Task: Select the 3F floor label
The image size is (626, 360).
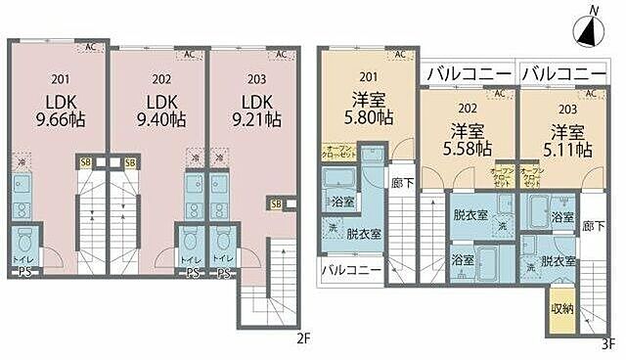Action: tap(607, 342)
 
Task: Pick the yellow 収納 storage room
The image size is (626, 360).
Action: tap(560, 307)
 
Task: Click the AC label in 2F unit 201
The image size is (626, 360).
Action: tap(90, 46)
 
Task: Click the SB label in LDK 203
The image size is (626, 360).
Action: tap(275, 204)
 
